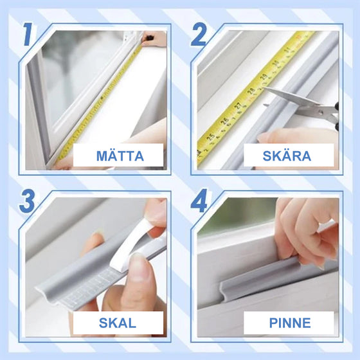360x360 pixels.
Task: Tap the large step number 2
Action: coord(199,35)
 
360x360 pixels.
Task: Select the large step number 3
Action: coord(27,201)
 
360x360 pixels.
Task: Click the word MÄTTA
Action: coord(120,156)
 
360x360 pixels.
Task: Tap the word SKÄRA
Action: coord(287,156)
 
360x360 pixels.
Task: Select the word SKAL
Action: coord(117,323)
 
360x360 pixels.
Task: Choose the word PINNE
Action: coord(290,323)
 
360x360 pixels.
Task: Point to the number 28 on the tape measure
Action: coord(251,91)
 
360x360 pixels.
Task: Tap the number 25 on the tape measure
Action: coord(211,137)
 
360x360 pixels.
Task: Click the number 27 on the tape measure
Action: coord(238,106)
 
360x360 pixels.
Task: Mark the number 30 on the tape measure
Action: coord(276,62)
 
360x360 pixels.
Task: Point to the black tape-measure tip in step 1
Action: coord(150,38)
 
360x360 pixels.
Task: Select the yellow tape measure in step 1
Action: coord(99,104)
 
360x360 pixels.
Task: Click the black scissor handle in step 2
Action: coord(337,115)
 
